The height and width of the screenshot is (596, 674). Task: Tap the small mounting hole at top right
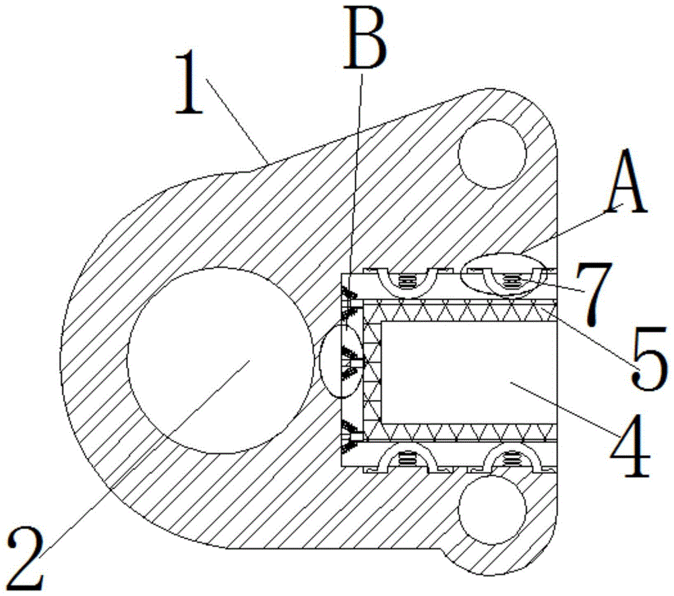491,154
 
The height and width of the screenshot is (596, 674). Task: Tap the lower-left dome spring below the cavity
405,458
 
